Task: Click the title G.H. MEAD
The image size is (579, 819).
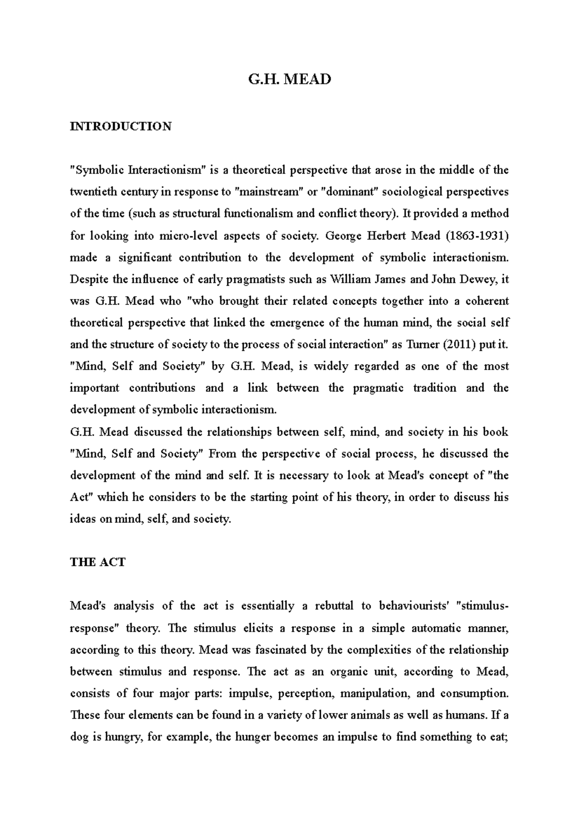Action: coord(289,79)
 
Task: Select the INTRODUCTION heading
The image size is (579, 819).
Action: coord(120,126)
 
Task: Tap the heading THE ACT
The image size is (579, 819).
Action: coord(97,562)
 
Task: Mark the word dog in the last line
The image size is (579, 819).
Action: coord(79,737)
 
